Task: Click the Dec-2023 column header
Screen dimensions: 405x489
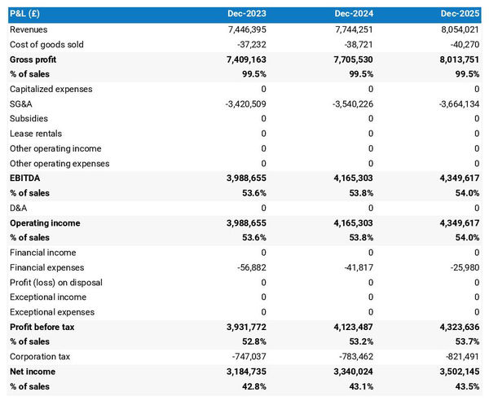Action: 249,15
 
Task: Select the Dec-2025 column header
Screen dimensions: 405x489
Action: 460,15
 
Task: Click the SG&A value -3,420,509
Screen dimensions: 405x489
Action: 240,103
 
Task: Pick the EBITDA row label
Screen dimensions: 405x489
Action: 26,178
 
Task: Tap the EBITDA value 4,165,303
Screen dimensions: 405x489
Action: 347,178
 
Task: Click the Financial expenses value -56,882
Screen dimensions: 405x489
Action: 249,267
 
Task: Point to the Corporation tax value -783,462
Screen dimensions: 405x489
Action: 351,356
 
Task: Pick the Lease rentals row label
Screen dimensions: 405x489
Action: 36,134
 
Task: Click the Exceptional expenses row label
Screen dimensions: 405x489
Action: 47,312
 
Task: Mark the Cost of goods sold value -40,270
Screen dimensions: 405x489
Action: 461,44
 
